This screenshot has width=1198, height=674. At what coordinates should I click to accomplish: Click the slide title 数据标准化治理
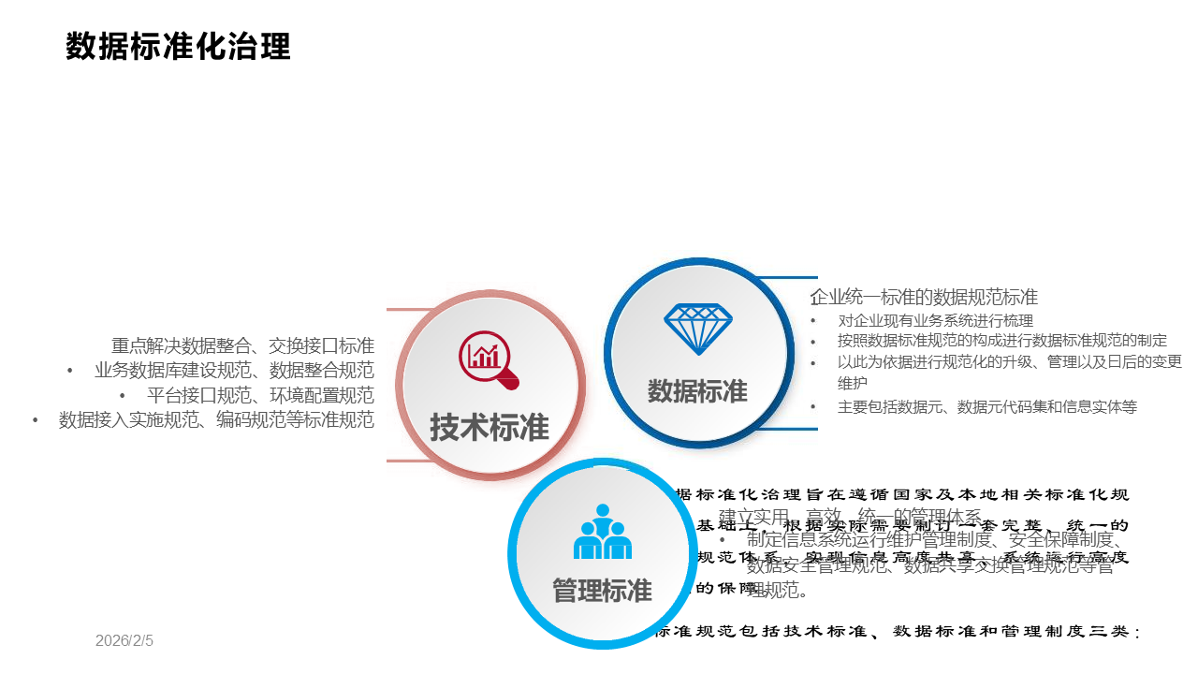[178, 46]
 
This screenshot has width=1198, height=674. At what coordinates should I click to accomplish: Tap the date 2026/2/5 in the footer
[124, 641]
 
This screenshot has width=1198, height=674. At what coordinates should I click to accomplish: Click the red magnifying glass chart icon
[488, 359]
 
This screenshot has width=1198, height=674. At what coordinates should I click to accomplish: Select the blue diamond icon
[698, 328]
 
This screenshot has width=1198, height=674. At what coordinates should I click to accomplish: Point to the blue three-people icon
[602, 533]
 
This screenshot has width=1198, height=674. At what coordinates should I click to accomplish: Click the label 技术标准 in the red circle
[489, 427]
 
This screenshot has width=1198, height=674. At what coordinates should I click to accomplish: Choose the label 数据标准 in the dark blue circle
[697, 390]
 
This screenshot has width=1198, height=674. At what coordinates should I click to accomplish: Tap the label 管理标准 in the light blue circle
[602, 591]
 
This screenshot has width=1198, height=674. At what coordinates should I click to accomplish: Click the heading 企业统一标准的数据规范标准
[924, 298]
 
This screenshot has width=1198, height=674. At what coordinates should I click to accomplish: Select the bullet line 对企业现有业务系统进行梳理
[935, 320]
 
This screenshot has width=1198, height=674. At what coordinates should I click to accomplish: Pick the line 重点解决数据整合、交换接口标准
[242, 345]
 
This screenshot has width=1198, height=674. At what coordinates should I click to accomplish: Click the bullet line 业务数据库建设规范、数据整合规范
[234, 370]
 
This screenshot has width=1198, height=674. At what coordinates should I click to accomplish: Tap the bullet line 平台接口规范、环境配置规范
[260, 395]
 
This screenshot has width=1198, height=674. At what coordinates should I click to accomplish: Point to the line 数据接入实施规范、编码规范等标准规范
[216, 420]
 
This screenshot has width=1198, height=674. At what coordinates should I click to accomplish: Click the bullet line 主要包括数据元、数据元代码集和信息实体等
[987, 406]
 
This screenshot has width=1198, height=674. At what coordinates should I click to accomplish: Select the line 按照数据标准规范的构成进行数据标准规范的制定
[1002, 341]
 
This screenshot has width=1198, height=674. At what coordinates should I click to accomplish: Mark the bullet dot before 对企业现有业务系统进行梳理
[813, 320]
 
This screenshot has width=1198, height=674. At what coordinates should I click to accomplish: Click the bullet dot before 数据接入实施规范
[36, 420]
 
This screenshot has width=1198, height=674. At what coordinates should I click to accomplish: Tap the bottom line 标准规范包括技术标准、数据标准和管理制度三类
[897, 633]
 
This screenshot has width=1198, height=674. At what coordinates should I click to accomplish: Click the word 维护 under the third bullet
[853, 383]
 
